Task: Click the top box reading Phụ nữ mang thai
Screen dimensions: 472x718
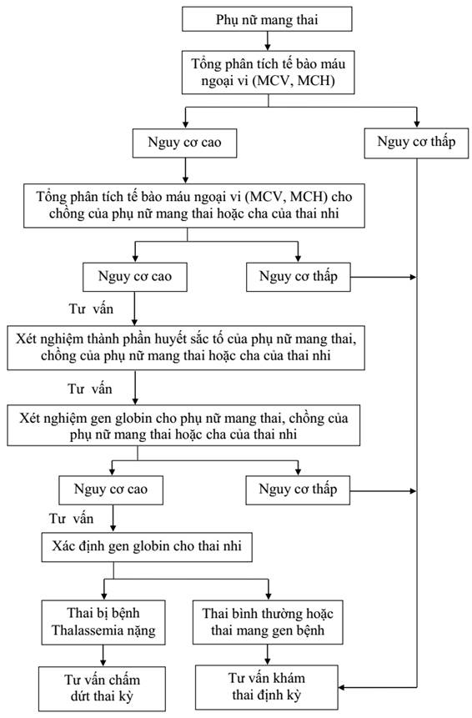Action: click(267, 19)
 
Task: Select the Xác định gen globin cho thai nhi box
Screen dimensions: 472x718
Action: click(147, 547)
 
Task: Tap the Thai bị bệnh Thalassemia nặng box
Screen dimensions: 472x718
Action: click(103, 622)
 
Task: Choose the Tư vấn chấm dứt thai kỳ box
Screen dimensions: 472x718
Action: click(102, 688)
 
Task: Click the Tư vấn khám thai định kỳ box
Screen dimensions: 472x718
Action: click(267, 687)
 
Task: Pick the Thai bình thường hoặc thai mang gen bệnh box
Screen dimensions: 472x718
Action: click(268, 622)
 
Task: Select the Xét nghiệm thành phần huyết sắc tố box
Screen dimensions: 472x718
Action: click(186, 348)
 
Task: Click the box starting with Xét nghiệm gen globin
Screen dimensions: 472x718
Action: click(183, 425)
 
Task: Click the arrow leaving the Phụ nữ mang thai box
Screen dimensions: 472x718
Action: click(268, 41)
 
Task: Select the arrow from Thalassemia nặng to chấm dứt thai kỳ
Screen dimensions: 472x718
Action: click(103, 655)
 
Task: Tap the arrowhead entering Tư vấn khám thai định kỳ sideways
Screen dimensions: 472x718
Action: click(342, 687)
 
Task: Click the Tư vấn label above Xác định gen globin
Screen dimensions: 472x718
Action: click(72, 519)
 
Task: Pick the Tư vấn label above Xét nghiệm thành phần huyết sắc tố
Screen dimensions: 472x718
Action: click(91, 309)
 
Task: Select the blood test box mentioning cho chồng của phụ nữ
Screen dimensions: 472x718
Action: click(194, 206)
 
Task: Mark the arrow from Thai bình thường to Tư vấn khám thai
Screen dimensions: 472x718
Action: click(268, 655)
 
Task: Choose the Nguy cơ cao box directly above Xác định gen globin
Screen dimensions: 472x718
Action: click(111, 490)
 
